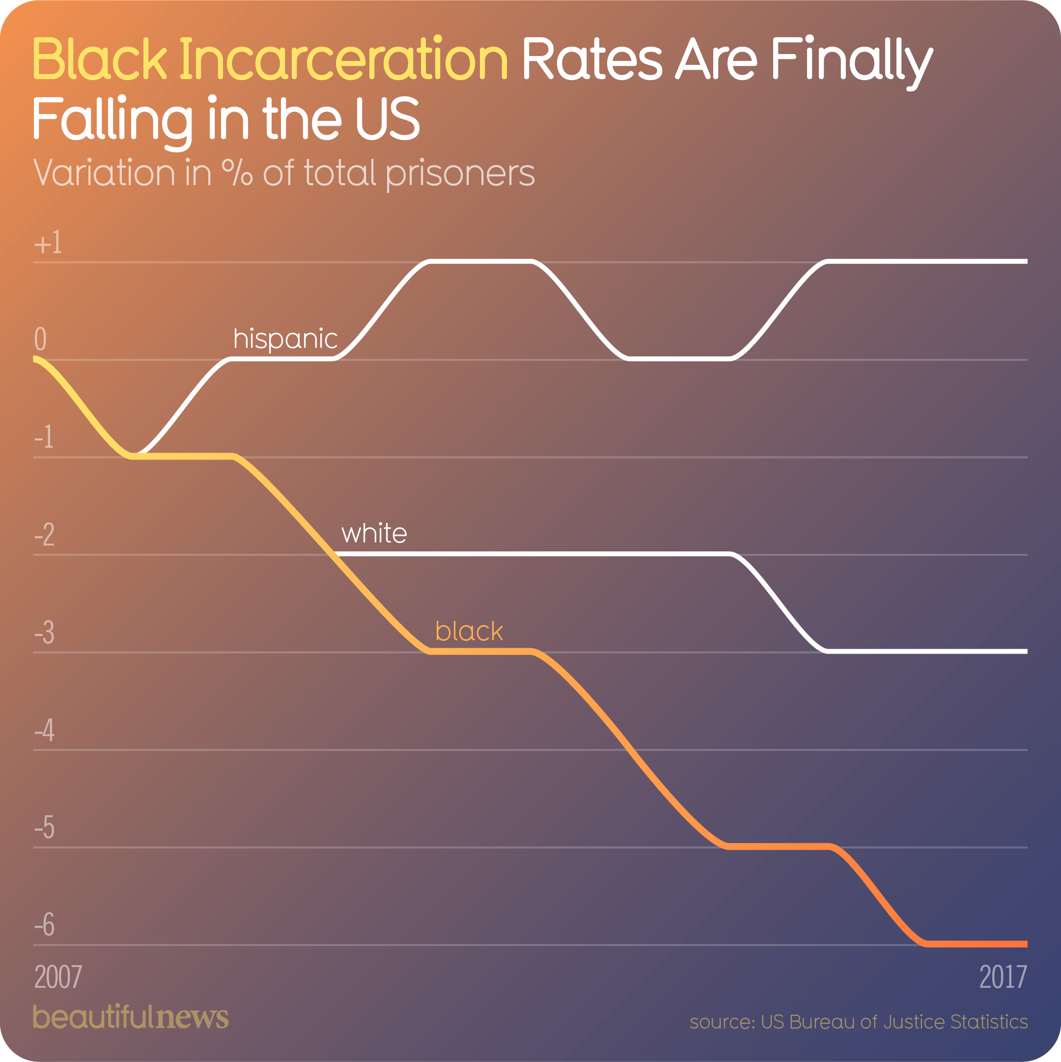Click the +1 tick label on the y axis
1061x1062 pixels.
[48, 243]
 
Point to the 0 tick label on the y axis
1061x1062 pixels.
[40, 339]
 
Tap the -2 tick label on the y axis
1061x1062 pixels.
[45, 535]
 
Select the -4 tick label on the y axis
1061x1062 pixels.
[45, 731]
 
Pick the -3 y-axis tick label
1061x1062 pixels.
[45, 632]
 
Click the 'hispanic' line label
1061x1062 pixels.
[285, 339]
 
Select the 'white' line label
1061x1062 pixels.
[374, 534]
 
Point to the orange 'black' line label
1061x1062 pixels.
[469, 631]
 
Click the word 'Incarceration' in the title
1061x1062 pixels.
[343, 59]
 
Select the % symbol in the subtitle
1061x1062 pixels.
[237, 172]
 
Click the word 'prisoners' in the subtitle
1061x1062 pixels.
[460, 173]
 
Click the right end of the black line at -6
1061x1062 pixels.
[1025, 945]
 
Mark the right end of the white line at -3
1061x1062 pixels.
[1025, 651]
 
